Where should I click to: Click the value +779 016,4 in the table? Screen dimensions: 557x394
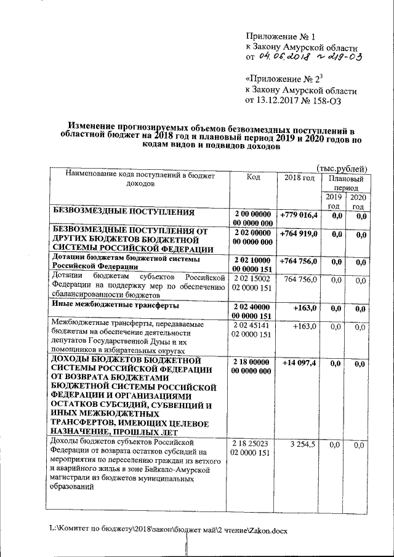pos(299,215)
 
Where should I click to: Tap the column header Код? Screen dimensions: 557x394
pos(252,177)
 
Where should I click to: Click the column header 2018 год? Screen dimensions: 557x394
pos(299,177)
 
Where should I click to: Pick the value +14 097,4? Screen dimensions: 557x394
pos(299,363)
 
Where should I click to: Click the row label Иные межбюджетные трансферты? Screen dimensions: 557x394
pos(115,305)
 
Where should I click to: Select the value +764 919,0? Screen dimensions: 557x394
pos(299,234)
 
